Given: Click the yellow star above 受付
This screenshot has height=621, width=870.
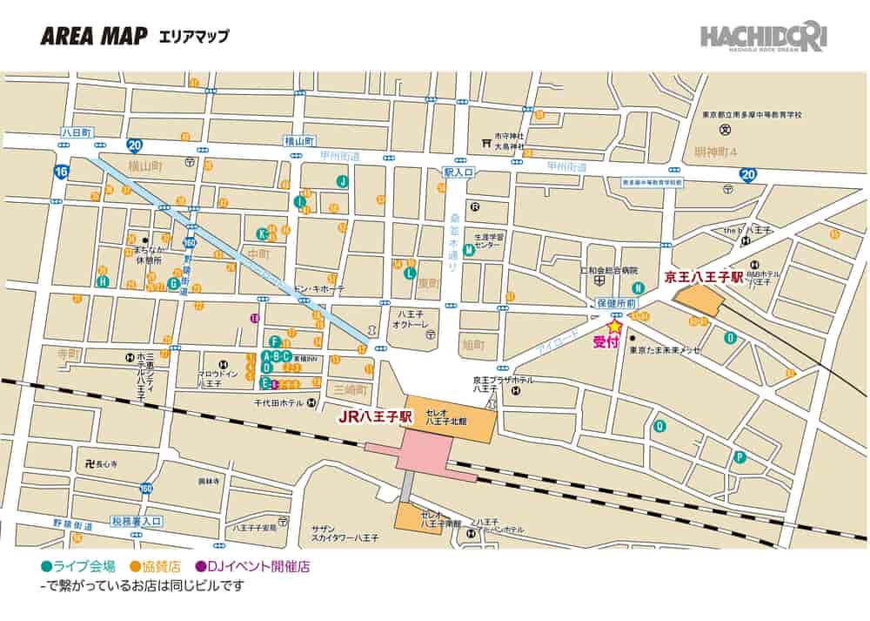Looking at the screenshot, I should coord(614,326).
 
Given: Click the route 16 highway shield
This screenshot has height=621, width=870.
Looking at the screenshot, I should coord(60,172).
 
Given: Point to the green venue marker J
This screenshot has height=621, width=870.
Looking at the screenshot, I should coord(343,181).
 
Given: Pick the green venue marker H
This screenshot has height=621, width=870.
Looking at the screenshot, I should coord(103,281).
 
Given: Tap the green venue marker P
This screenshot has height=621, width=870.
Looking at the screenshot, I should coord(739,456).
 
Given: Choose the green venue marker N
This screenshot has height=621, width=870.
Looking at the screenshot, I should coord(639,288).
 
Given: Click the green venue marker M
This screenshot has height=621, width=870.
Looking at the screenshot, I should coord(469,250).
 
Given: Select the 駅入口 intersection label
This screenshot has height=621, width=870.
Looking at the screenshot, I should coord(458,172).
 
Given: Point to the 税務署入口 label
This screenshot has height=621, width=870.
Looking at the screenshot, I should coord(137,521).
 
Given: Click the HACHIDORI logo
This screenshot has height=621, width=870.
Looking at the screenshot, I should coord(765,37).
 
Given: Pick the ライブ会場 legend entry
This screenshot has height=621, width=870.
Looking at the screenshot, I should coord(77,565).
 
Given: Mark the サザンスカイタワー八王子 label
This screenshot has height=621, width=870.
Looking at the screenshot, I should coord(345,533).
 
